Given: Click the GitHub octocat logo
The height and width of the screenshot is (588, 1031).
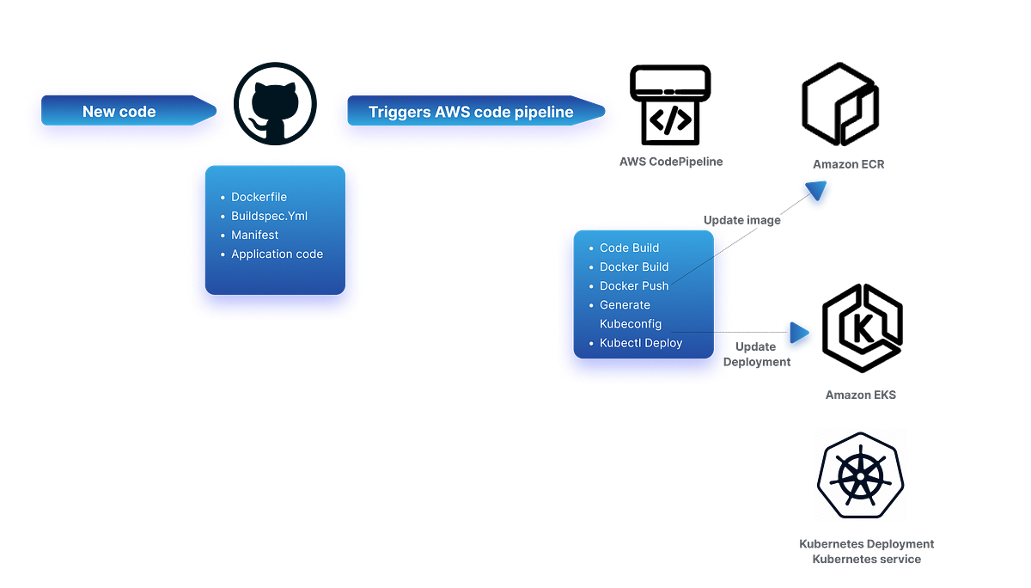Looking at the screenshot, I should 275,104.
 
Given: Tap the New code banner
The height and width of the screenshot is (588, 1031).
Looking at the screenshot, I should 119,112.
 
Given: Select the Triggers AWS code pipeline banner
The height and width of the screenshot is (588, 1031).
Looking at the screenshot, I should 471,112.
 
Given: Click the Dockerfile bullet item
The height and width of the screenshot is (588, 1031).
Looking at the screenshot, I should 259,197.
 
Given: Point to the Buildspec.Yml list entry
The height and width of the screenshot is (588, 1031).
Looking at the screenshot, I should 269,216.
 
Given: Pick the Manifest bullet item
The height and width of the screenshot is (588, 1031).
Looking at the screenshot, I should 254,235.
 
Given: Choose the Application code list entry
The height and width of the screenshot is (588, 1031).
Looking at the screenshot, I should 277,254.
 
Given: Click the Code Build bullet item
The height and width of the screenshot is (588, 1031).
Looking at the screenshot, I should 629,248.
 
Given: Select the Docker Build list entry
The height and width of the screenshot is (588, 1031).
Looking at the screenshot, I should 634,266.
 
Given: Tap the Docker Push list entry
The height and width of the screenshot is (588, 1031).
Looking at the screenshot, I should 633,285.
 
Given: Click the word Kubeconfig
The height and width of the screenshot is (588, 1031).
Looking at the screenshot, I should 631,324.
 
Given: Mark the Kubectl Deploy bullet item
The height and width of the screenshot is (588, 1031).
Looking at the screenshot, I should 641,343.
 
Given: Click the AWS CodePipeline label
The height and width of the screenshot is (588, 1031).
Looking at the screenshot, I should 671,162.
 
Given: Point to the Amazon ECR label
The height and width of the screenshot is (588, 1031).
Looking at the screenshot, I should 848,163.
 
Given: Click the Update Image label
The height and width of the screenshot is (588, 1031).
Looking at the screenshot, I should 742,221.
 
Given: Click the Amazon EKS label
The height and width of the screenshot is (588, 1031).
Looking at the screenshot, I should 861,395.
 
